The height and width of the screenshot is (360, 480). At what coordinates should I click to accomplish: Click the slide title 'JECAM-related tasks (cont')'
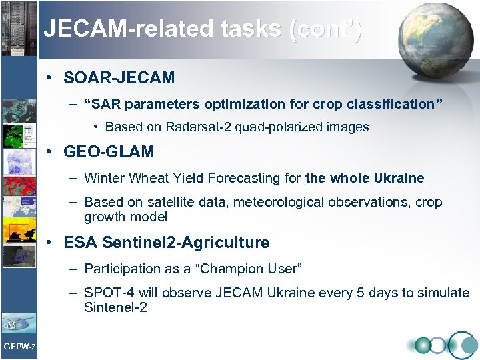(203, 29)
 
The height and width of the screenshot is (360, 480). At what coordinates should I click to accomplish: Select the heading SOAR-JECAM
(119, 78)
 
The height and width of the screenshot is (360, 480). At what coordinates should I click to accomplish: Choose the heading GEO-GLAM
(109, 152)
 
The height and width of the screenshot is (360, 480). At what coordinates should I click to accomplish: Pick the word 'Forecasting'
(238, 178)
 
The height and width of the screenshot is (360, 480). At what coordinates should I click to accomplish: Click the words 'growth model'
(125, 217)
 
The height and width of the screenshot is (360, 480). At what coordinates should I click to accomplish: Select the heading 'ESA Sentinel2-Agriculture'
(167, 243)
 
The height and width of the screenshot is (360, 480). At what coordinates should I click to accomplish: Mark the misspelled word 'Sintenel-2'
(115, 307)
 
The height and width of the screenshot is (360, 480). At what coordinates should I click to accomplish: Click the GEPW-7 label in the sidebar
(19, 345)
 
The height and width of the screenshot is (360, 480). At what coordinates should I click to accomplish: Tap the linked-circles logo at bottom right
(443, 345)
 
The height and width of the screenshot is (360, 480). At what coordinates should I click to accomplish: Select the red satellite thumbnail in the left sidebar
(19, 187)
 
